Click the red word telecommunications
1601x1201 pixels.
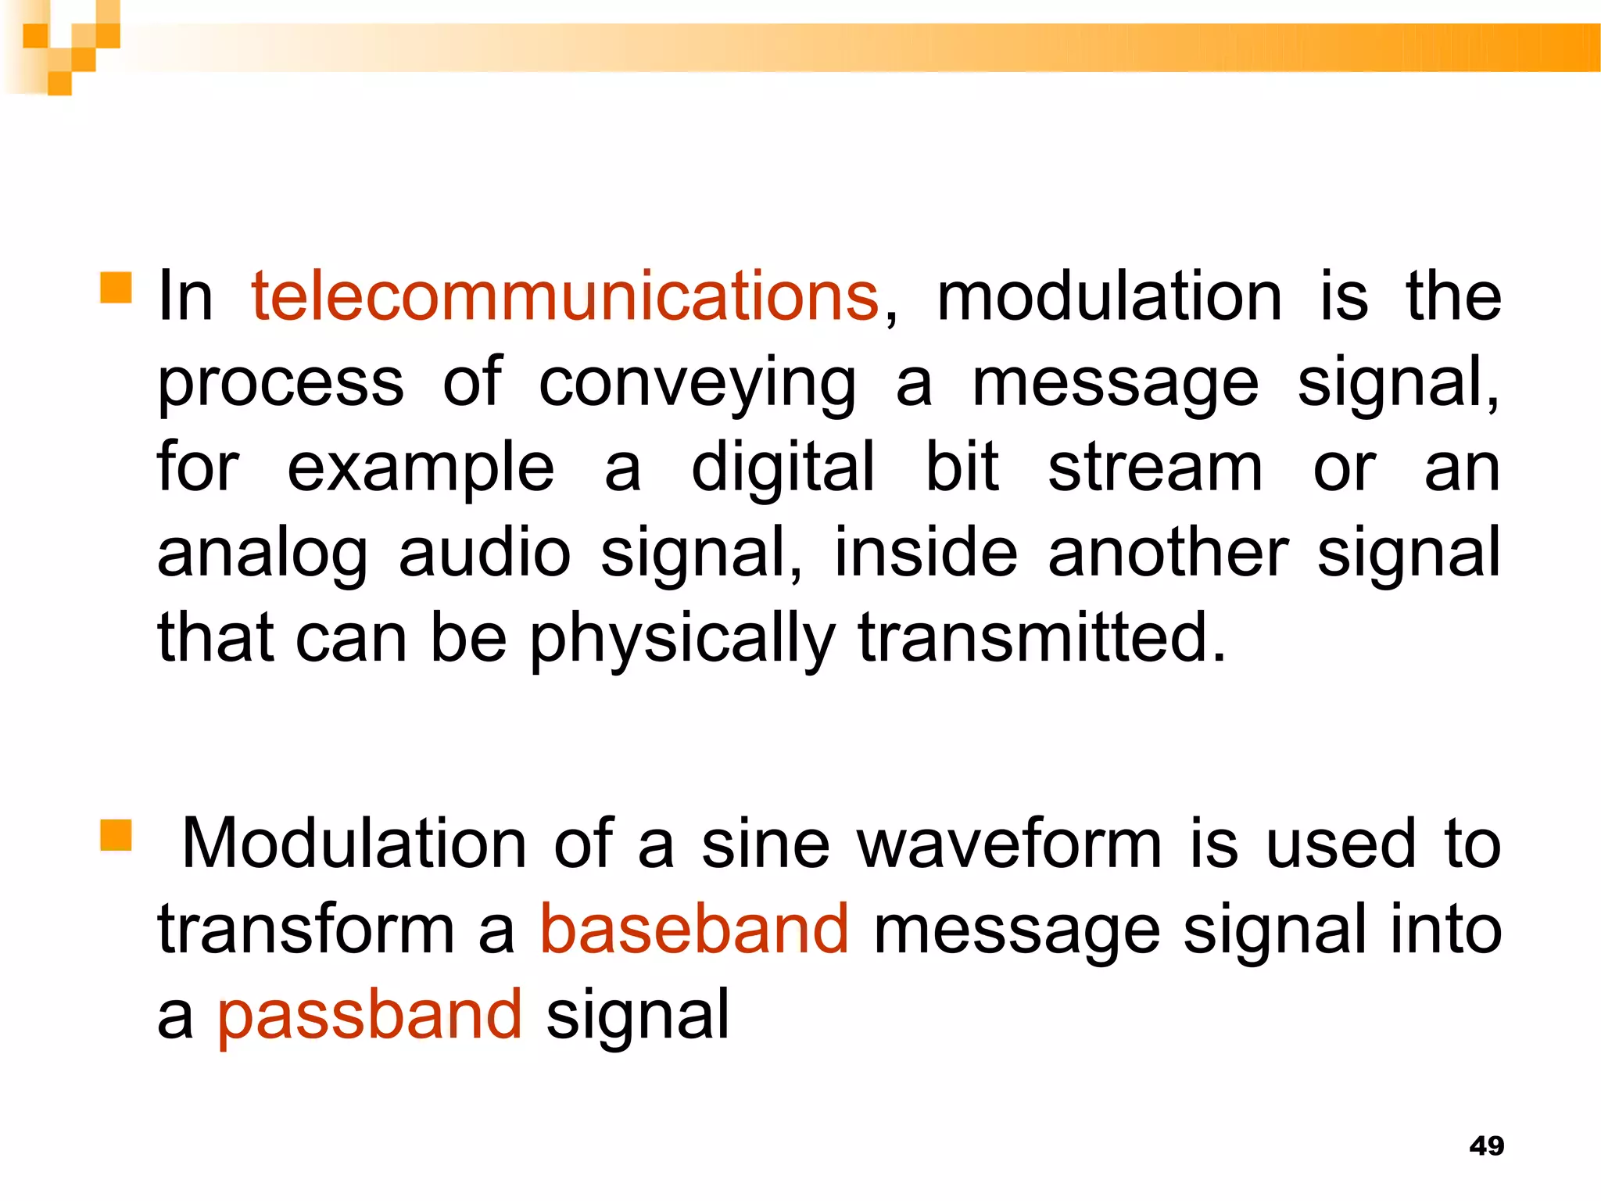point(564,296)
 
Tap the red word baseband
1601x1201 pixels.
point(694,929)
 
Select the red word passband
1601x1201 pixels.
point(370,1015)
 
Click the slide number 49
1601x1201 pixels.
point(1486,1145)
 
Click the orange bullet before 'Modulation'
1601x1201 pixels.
point(116,834)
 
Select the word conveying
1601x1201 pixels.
point(697,383)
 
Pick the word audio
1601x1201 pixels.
point(485,553)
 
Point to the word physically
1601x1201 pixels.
point(682,639)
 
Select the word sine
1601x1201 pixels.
point(765,844)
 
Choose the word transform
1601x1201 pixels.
point(306,929)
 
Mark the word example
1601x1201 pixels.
point(421,469)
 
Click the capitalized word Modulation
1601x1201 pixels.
point(354,844)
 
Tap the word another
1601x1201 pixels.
point(1168,553)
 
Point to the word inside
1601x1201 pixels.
point(926,553)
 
